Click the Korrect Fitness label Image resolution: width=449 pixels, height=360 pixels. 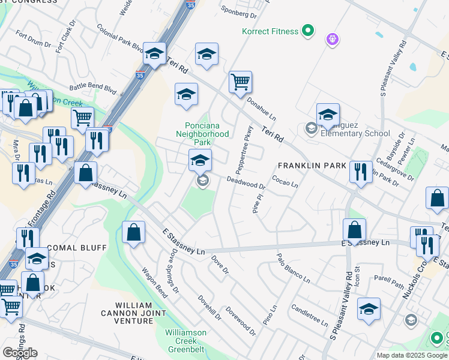coord(270,31)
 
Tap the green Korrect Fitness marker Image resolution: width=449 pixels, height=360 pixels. coord(308,29)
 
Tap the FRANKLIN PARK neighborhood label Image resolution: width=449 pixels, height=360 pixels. coord(312,166)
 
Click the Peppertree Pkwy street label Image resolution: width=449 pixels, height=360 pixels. coord(249,143)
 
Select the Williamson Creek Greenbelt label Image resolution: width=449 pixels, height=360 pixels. coord(186,340)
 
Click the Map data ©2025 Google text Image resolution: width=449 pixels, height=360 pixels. coord(412,355)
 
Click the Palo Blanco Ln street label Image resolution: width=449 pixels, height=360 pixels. coord(293,268)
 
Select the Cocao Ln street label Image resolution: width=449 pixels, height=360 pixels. coord(285,181)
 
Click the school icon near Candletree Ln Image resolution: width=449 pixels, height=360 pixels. coord(369,308)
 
